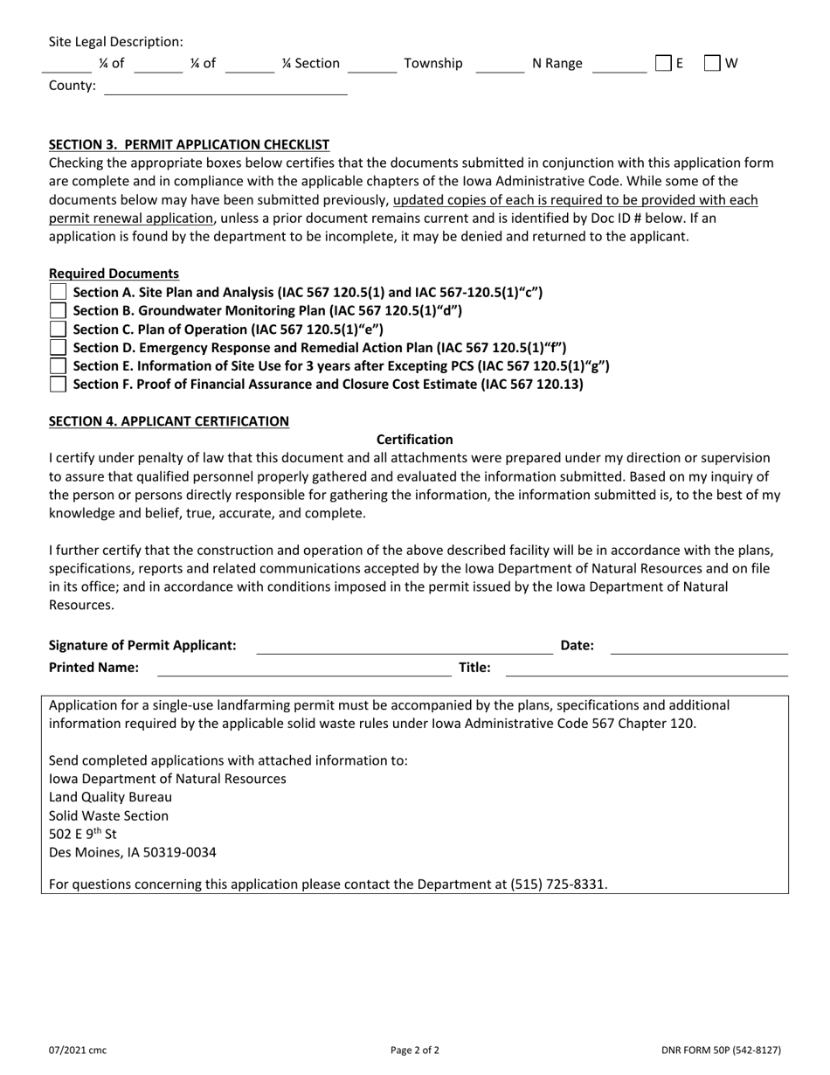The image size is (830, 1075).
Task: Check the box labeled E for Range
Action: coord(663,63)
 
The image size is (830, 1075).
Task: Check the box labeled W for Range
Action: coord(712,63)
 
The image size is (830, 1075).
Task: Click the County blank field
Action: coord(225,87)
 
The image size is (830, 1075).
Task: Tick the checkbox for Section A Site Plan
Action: coord(58,292)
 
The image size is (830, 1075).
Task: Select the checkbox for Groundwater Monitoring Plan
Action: coord(58,310)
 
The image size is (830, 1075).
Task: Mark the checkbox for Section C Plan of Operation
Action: coord(58,329)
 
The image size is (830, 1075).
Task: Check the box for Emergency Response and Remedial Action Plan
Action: coord(58,347)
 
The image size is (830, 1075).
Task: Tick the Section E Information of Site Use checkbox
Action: coord(58,365)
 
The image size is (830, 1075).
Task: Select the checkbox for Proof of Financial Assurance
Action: coord(58,384)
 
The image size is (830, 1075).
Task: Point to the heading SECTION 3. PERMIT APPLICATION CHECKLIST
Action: coord(189,144)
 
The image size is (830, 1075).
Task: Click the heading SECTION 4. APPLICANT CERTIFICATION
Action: coord(169,421)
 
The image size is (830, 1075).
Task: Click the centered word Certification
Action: coord(414,440)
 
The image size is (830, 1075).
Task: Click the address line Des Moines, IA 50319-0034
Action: coord(133,852)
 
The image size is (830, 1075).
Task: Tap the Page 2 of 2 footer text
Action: coord(415,1051)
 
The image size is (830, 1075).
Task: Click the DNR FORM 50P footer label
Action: coord(721,1051)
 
